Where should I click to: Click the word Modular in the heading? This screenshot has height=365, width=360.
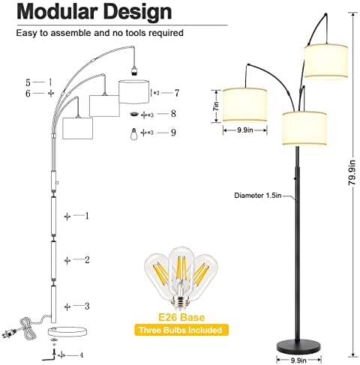pos(57,12)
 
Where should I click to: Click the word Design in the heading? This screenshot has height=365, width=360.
pos(138,12)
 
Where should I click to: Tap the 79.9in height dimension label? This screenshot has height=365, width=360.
pos(352,172)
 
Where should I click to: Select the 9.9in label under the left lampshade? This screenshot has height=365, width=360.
pos(245,130)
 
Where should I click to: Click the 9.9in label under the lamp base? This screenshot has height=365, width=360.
pos(298,361)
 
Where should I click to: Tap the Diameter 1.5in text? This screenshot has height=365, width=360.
pos(258,196)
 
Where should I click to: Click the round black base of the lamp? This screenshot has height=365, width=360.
pos(298,346)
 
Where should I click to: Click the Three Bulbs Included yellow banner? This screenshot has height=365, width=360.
pos(181,330)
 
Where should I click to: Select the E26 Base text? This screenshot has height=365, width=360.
pos(181,317)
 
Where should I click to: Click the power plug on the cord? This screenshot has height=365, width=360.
pos(10,334)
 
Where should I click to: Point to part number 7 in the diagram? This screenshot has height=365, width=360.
pos(177,93)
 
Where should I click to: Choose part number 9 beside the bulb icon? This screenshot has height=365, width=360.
pos(173,132)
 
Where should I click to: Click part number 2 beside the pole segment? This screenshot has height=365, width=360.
pos(87,260)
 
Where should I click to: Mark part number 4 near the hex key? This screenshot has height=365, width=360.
pos(81,355)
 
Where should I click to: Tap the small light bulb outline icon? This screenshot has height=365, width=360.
pos(134,133)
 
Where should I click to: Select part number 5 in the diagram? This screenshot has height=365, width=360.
pos(28,82)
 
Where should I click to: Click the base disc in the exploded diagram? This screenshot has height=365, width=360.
pos(67,331)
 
